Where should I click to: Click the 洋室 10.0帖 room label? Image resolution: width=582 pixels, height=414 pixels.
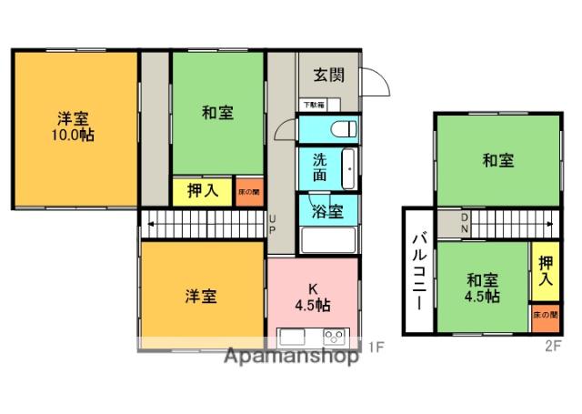(x=75, y=126)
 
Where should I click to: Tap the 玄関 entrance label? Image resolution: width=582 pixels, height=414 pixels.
(x=329, y=76)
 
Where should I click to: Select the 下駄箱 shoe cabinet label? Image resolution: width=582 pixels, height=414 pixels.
(x=314, y=106)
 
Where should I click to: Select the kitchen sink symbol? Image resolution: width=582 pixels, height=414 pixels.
(x=293, y=337)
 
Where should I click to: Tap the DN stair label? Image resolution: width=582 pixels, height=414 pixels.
(x=465, y=222)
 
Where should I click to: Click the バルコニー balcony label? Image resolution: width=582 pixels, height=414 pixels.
(x=419, y=270)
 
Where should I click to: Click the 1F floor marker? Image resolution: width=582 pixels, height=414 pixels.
(x=377, y=345)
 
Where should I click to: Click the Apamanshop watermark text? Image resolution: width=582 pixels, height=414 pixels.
(x=290, y=357)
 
